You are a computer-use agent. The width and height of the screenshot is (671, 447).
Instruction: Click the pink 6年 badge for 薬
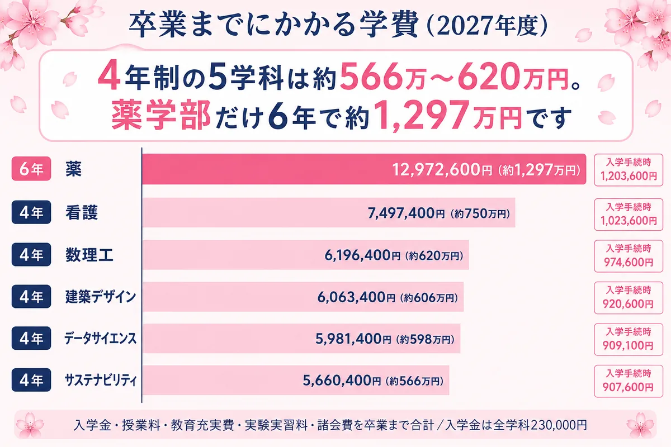[x=31, y=169]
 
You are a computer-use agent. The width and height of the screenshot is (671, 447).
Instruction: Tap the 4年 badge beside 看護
[x=31, y=212]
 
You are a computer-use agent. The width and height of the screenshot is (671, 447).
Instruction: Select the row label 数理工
[x=89, y=255]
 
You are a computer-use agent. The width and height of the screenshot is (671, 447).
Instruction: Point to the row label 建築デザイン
[x=101, y=297]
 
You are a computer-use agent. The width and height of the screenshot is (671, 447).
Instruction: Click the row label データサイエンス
[x=100, y=339]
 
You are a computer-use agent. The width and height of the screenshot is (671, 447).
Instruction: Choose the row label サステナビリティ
[x=101, y=381]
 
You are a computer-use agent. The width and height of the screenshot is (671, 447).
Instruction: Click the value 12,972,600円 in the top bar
[x=442, y=170]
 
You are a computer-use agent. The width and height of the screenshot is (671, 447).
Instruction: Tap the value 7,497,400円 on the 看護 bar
[x=406, y=213]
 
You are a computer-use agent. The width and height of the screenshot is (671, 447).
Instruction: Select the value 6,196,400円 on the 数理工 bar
[x=362, y=255]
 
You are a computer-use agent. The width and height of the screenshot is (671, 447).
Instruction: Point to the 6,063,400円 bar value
[x=356, y=297]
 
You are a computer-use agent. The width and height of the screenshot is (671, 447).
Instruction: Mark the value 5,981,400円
[x=353, y=339]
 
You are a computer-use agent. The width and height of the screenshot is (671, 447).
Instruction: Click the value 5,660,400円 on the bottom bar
[x=342, y=381]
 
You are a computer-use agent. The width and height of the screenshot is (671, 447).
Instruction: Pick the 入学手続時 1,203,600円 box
[x=629, y=170]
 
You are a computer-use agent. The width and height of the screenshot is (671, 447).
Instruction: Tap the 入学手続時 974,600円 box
[x=629, y=256]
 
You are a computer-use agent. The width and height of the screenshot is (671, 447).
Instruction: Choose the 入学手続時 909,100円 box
[x=629, y=340]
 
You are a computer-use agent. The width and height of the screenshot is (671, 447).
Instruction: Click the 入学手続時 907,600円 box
[x=629, y=381]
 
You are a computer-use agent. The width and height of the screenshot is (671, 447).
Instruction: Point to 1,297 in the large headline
[x=423, y=116]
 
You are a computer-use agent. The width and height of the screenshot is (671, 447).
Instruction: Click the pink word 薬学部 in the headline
[x=161, y=115]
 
